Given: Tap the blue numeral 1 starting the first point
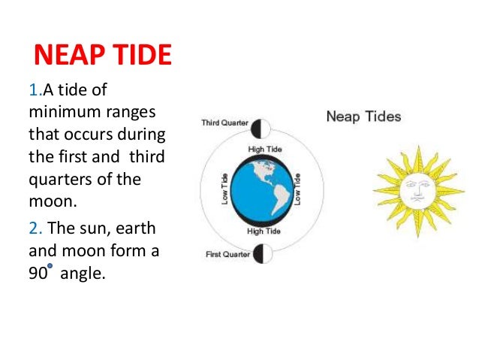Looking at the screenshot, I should click(32, 91).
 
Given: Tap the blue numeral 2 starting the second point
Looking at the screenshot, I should click(33, 228).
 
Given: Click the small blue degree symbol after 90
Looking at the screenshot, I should click(50, 266).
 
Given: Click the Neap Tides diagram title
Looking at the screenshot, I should click(363, 116).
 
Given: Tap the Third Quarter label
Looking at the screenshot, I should click(224, 123).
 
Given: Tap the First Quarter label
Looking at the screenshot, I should click(227, 255).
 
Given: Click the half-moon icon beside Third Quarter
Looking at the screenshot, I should click(261, 126).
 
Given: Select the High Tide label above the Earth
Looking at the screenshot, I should click(264, 150).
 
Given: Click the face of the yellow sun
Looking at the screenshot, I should click(415, 187).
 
